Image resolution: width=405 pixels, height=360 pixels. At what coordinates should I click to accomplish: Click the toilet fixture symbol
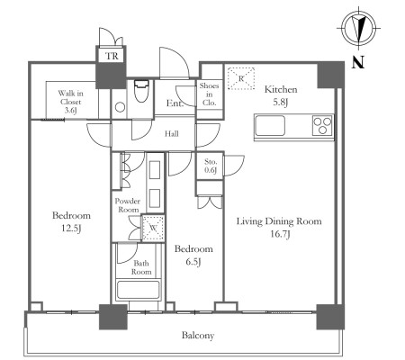point(141,91)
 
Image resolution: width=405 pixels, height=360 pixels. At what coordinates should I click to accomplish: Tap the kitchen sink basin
point(270,125)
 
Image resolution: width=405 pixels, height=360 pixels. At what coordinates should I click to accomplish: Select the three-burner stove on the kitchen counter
point(322,125)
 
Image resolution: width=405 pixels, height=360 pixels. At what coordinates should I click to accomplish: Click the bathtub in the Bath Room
point(139,289)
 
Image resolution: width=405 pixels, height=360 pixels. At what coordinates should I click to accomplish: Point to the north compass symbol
point(359,29)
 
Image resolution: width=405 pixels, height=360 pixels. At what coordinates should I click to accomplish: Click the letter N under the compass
point(358,62)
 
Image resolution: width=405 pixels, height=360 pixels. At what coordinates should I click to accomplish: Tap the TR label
point(112,56)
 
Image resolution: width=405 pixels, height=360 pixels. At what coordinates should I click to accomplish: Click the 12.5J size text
point(71,229)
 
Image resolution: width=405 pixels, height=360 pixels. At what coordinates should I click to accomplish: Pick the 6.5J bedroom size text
point(193,262)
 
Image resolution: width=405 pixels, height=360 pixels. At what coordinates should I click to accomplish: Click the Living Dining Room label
point(279,221)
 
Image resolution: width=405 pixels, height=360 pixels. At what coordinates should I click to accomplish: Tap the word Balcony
point(198,335)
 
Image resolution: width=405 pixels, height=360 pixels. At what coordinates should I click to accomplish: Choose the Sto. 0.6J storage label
point(211,166)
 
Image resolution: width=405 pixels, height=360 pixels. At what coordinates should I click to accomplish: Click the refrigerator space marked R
point(241,78)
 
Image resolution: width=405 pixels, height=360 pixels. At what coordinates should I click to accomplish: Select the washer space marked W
point(153,228)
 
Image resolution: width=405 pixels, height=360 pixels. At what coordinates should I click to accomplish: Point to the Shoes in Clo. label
point(209,94)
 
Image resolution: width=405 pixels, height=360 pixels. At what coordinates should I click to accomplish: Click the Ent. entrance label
point(175,103)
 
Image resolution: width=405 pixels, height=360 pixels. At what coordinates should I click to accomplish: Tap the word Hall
point(171,133)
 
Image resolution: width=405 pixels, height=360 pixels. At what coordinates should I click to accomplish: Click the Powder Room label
point(128,205)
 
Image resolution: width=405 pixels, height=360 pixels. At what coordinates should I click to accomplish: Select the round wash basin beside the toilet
point(120,107)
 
